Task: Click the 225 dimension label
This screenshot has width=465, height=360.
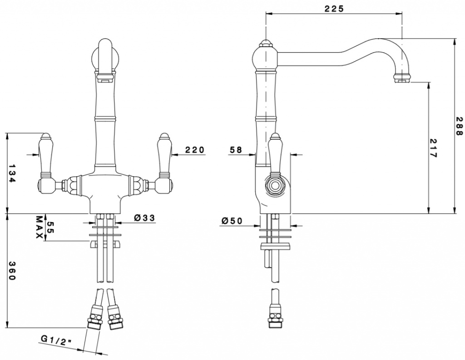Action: coord(334,9)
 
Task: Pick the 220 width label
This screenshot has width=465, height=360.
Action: coord(195,150)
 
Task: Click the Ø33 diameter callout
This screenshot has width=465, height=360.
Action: coord(145,218)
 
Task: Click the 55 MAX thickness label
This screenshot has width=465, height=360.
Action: coord(45,227)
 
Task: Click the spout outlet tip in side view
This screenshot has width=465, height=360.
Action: coord(403,79)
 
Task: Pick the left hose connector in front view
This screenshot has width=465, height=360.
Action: coord(94,316)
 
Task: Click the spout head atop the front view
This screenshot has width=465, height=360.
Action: coord(107,56)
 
